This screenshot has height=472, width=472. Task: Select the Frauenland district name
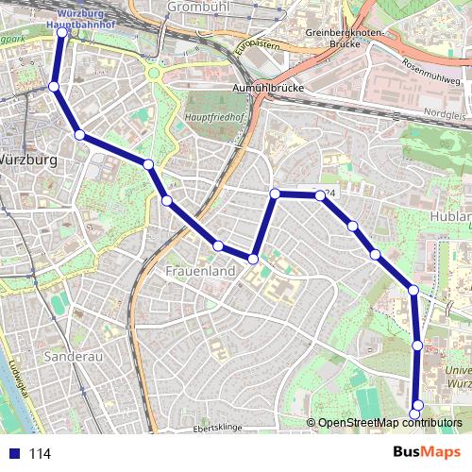[199, 271]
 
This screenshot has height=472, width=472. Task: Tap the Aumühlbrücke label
[266, 88]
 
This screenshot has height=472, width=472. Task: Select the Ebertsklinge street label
[217, 428]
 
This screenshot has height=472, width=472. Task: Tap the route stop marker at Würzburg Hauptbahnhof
[62, 32]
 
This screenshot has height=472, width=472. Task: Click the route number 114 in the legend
[40, 453]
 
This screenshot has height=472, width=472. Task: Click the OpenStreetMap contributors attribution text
[389, 422]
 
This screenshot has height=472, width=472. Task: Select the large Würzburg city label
[28, 160]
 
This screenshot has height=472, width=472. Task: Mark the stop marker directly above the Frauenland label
[219, 246]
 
